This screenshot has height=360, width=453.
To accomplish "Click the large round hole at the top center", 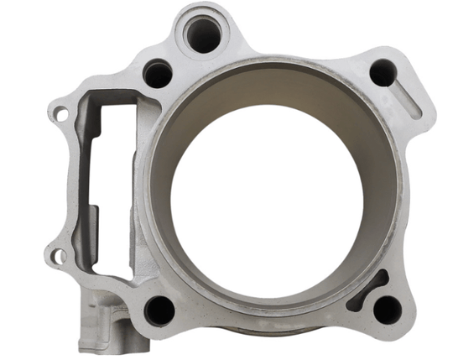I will tap(202, 34).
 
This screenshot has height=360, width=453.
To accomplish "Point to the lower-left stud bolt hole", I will tap(159, 310).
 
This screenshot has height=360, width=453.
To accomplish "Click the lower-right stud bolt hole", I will tap(385, 309).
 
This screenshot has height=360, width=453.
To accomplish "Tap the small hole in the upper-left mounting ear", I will tap(59, 109).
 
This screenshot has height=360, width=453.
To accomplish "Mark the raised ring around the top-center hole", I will tap(202, 14).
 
